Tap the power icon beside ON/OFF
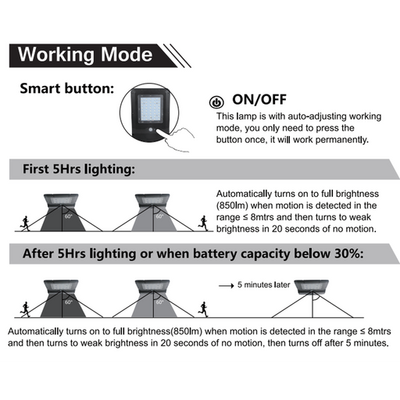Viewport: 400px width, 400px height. point(216,102)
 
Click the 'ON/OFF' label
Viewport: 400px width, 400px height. point(259,99)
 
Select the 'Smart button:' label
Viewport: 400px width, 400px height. point(67,88)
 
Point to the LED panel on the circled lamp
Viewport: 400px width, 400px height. point(151,109)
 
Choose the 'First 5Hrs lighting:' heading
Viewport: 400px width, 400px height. point(79,169)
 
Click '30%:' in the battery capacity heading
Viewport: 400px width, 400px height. point(348,253)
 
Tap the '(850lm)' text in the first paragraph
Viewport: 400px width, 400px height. point(232,205)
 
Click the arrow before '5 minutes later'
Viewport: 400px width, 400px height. point(227,286)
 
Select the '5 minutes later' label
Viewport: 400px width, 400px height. point(263,284)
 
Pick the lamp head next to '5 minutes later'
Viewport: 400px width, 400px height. point(312,287)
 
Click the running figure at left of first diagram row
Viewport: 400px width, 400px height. point(25,223)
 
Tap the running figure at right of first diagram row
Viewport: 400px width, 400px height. point(203,223)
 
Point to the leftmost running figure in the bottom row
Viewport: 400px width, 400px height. point(25,309)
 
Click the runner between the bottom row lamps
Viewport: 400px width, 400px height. point(203,309)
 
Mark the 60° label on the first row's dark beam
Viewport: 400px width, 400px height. point(69,216)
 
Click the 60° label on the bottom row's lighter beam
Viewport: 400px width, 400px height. point(159,302)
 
